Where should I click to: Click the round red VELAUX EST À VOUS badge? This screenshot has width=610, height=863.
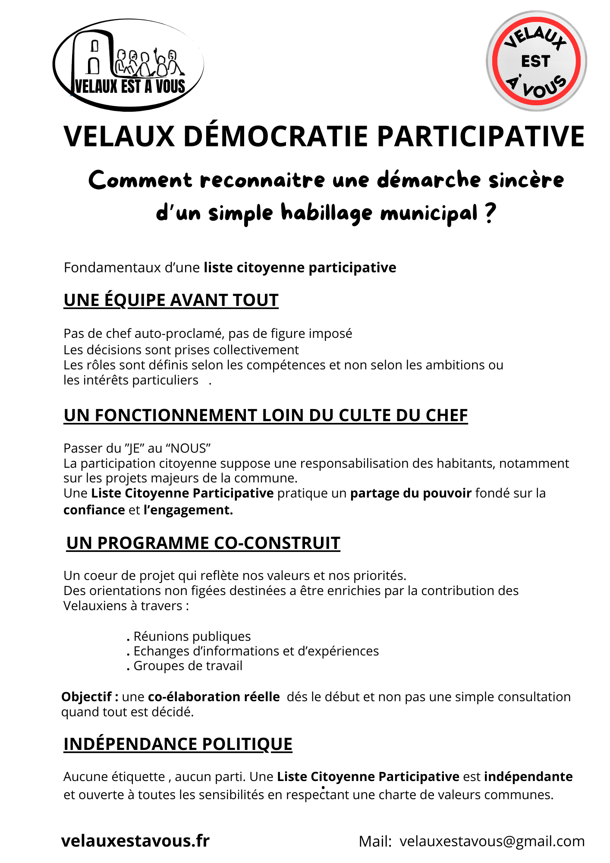click(536, 61)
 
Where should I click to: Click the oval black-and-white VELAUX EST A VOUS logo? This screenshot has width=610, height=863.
click(128, 65)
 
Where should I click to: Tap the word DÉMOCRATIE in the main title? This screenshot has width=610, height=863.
click(276, 137)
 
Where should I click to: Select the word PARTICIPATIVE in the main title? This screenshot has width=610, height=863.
click(481, 137)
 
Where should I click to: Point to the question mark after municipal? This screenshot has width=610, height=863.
click(490, 213)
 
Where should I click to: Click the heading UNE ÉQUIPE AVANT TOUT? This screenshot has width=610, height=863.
click(171, 300)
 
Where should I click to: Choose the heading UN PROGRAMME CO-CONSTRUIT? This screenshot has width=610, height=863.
click(203, 543)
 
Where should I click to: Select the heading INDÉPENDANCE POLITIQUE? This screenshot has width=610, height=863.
click(178, 744)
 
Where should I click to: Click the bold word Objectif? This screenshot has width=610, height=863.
click(87, 697)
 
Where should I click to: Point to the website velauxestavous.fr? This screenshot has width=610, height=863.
click(135, 841)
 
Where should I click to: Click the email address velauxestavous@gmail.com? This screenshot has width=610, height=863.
click(492, 841)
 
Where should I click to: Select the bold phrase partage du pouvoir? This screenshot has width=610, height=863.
click(411, 493)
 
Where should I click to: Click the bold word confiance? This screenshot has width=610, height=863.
click(94, 510)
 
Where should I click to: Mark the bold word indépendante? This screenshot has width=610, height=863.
click(528, 777)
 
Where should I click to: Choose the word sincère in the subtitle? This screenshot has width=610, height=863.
click(526, 180)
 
